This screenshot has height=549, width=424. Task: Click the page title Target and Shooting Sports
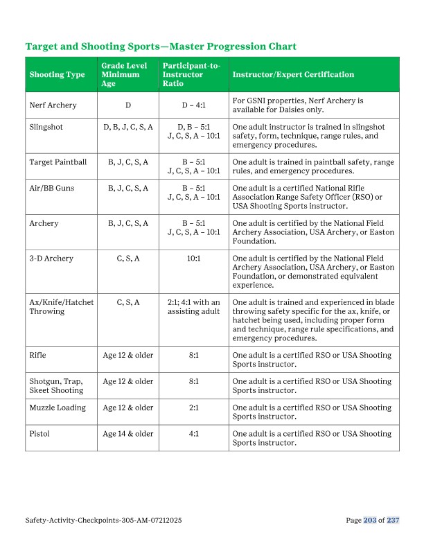pos(161,46)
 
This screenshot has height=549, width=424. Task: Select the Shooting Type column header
pos(57,75)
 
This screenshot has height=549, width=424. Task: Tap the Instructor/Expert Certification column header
pos(293,75)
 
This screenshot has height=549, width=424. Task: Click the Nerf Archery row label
pos(53,105)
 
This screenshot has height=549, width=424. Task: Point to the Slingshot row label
pos(46,128)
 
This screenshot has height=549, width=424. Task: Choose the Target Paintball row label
pos(58,162)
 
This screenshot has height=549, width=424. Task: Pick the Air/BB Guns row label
pos(53,189)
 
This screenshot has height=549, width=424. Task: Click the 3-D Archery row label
pos(51,259)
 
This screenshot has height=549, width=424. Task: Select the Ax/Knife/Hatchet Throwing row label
pos(62,307)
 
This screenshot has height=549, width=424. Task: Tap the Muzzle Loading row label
pos(58,408)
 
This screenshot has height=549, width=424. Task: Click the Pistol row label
pos(39,434)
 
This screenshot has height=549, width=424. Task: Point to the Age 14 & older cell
pos(128,434)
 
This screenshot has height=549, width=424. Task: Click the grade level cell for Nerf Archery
pos(128,105)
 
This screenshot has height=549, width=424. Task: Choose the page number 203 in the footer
pos(370,520)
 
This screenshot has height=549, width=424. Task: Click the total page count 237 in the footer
pos(394,520)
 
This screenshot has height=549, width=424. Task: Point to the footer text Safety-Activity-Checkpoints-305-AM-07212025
pos(103,520)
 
